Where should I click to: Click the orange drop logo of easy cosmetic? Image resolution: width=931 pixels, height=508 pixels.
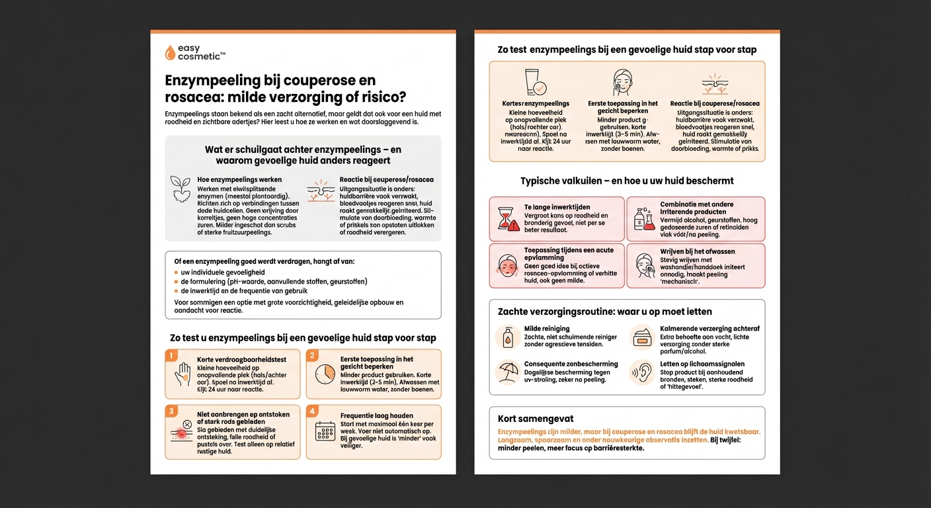point(170,53)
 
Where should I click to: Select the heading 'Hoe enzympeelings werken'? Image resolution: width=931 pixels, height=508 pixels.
point(239,180)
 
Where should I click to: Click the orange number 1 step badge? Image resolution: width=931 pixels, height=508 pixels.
point(171,356)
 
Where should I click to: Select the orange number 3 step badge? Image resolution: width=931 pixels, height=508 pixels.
point(171,411)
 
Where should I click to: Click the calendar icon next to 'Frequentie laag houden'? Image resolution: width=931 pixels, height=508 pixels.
point(325,432)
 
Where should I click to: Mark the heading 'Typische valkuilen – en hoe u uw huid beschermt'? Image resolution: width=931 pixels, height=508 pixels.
point(627,181)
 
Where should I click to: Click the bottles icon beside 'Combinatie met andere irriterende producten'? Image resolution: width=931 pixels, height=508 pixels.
point(643,220)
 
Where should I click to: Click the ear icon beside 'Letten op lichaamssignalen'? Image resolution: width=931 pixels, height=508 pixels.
point(641,372)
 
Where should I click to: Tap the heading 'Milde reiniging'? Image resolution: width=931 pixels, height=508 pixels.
point(546,329)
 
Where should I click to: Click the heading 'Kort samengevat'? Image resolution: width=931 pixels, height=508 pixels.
point(536,419)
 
